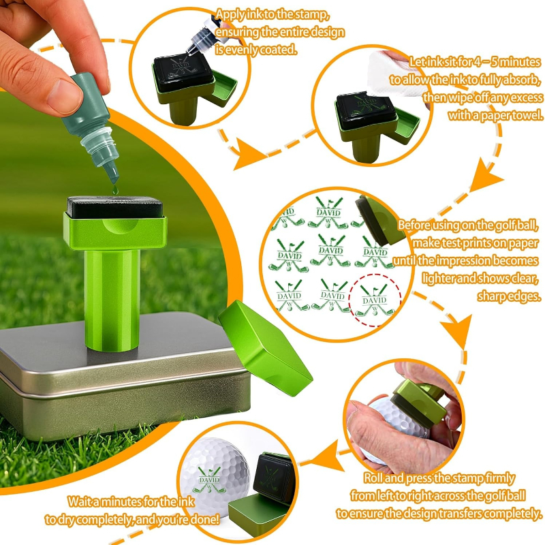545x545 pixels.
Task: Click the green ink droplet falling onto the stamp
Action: coord(115,190)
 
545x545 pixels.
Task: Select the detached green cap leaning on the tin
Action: coord(265,348)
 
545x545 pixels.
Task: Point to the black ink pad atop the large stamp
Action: coord(114,208)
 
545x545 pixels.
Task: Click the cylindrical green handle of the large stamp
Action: coord(112,299)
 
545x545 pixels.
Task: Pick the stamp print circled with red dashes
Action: coord(375,300)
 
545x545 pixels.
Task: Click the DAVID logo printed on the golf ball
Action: coord(210,480)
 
